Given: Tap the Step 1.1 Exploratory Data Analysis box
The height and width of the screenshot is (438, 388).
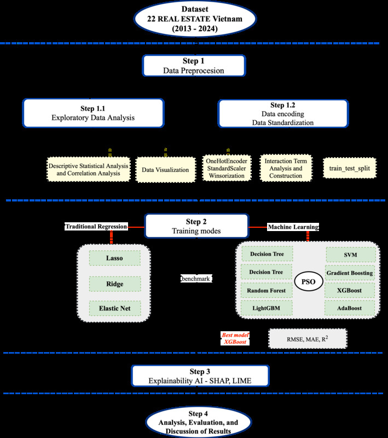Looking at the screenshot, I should pos(92,113).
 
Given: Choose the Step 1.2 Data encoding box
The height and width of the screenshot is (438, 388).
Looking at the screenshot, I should pos(283,113).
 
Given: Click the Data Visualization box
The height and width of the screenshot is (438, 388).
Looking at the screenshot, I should pos(165,170).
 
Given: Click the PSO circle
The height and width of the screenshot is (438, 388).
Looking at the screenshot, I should pos(309,281).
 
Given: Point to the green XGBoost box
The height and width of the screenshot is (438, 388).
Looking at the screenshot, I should pos(350,290).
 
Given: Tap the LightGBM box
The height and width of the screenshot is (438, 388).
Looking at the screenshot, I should pos(267,308).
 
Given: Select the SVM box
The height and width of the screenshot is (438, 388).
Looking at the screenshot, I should pos(351,255).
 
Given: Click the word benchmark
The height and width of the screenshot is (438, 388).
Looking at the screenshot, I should pos(196,278).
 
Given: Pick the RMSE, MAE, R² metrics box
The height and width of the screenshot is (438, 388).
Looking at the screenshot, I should pos(308,338).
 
